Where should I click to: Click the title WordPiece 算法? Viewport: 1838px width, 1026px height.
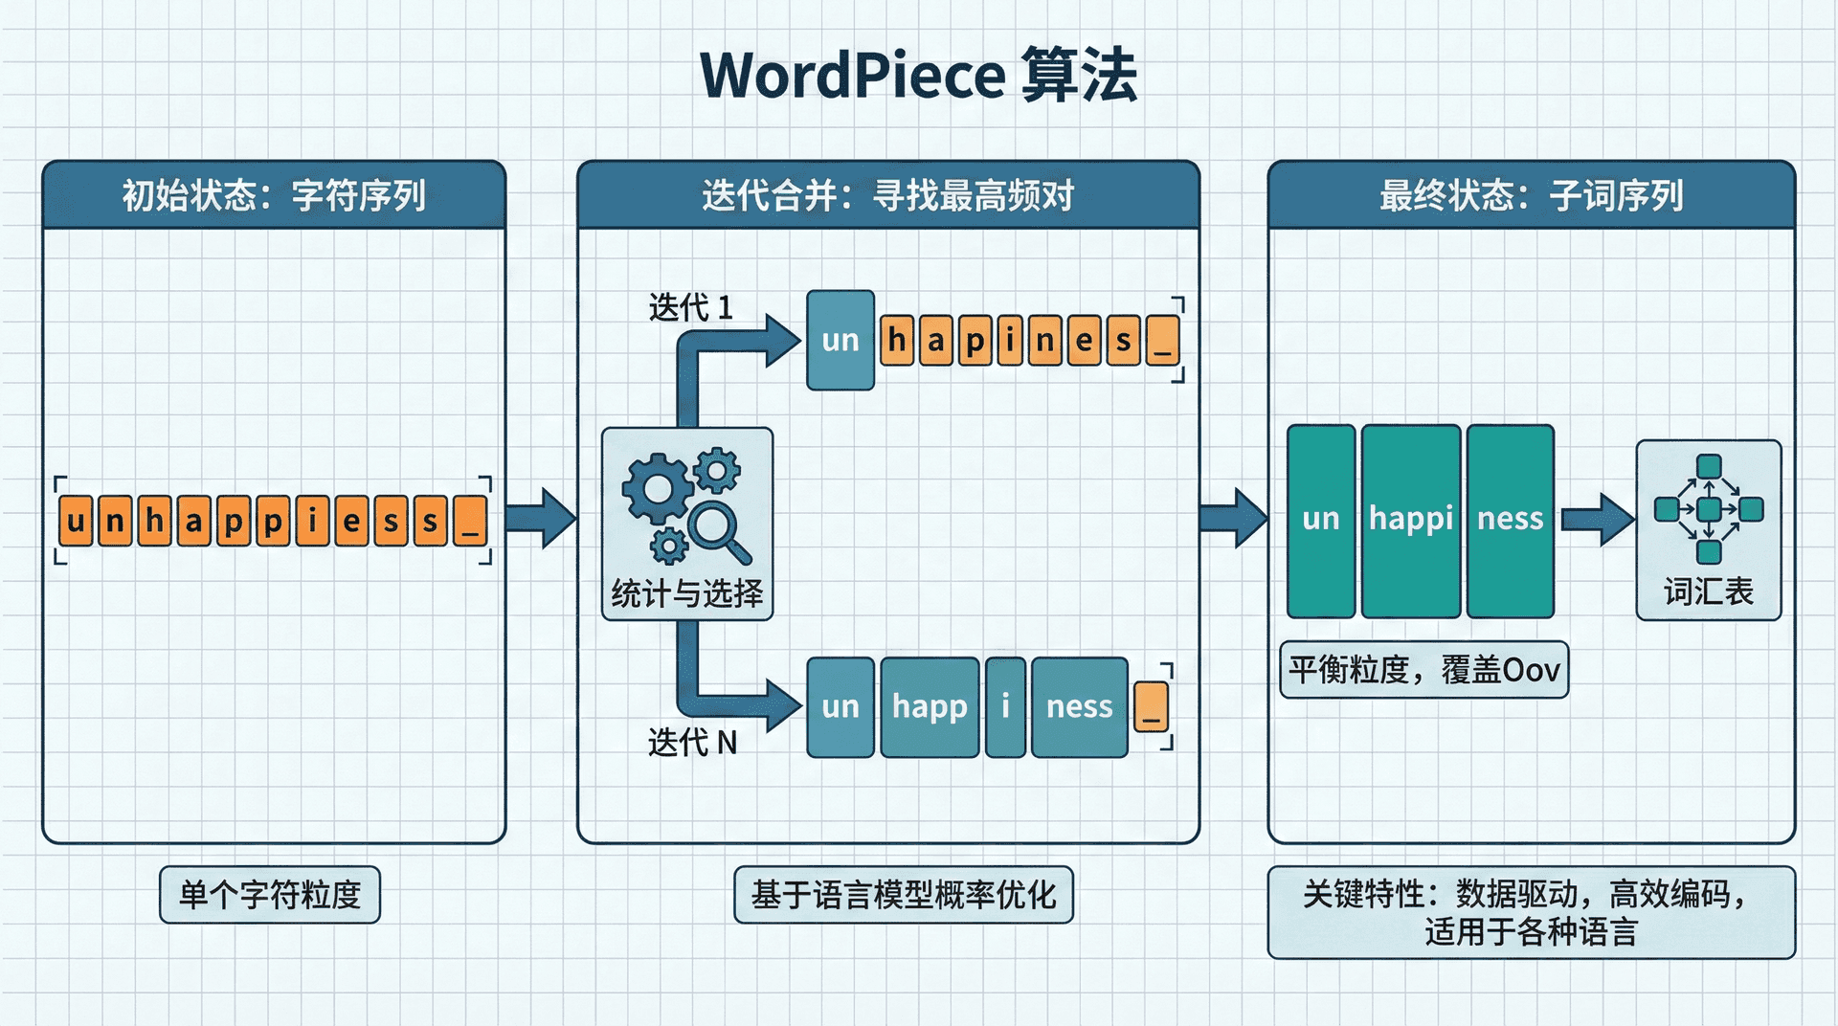pos(918,75)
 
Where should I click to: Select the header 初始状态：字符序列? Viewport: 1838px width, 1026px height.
pos(274,195)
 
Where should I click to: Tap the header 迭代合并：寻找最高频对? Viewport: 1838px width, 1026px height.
pos(887,195)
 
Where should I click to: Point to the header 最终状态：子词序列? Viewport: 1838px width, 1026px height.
pos(1531,195)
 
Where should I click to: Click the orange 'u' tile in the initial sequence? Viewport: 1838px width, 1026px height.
pos(76,521)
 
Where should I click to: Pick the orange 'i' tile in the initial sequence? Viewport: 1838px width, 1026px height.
pos(312,521)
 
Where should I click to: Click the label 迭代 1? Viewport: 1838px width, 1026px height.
pos(690,307)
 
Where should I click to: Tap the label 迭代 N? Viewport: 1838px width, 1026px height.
pos(692,742)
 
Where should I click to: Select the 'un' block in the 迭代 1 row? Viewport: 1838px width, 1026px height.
pos(840,340)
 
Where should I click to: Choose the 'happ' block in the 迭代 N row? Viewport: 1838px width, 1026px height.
pos(930,706)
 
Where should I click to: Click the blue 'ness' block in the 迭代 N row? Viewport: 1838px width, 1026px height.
pos(1079,706)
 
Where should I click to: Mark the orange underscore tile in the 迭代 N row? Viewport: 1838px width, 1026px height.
pos(1151,707)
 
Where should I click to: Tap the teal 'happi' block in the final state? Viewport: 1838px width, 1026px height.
pos(1410,520)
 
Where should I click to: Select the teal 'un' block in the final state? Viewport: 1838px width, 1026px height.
pos(1320,520)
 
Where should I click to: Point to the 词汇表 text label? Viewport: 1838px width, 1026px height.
pos(1708,591)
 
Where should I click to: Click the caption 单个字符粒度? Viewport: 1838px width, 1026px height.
pos(270,894)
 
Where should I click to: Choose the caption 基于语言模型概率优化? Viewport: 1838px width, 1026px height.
pos(903,894)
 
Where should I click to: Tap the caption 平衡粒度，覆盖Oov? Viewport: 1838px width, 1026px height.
pos(1423,669)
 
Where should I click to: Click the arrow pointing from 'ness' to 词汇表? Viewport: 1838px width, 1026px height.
pos(1596,520)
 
